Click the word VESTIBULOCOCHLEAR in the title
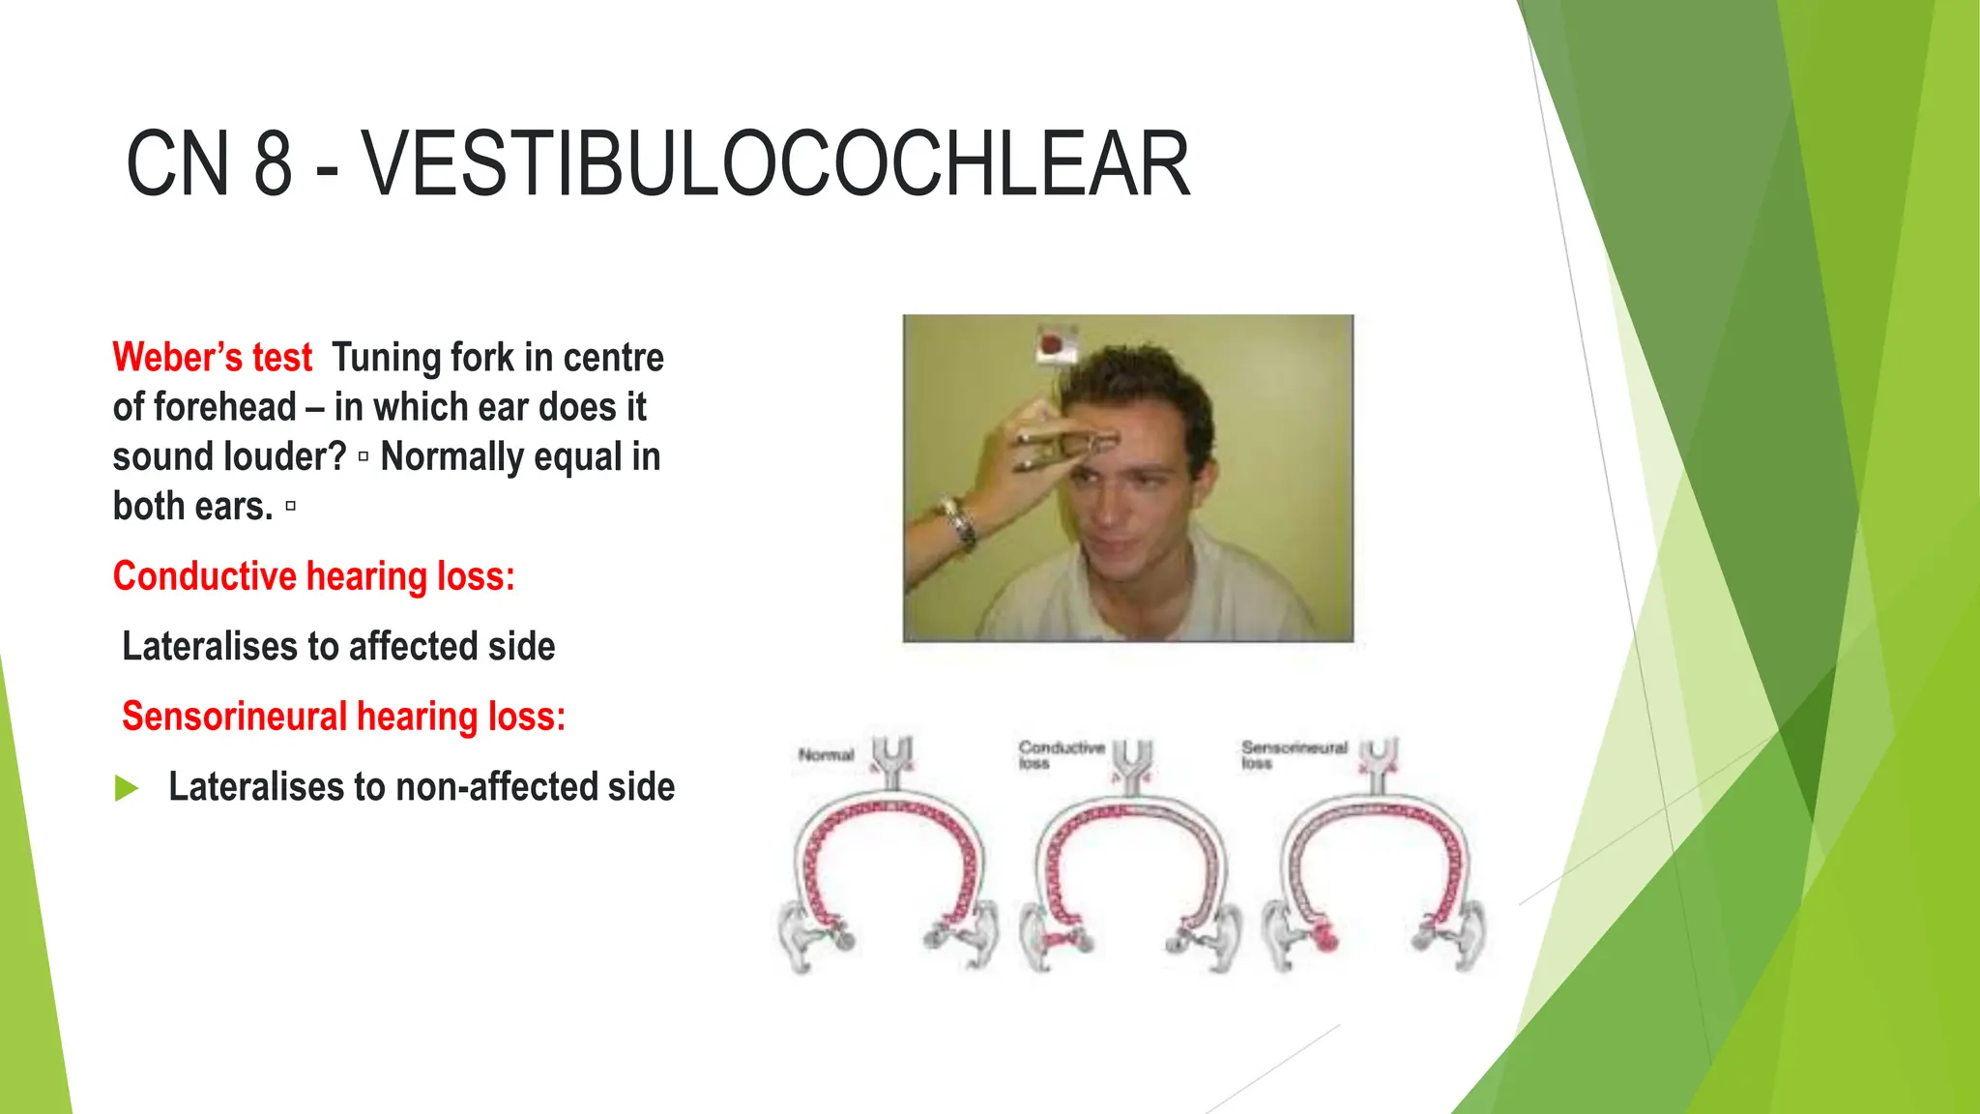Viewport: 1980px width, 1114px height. click(x=775, y=164)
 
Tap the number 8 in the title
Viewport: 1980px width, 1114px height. click(x=273, y=164)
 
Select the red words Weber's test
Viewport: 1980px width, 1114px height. click(x=213, y=358)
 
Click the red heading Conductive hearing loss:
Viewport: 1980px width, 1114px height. click(x=313, y=576)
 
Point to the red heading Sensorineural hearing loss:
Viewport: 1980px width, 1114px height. click(x=343, y=717)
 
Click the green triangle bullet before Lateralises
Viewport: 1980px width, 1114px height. click(x=127, y=788)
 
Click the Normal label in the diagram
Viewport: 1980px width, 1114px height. click(x=826, y=755)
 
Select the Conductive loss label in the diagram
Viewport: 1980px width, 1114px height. click(x=1061, y=754)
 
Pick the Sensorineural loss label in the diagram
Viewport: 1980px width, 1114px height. click(x=1294, y=754)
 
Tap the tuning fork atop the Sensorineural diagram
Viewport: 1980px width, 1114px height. click(x=1379, y=764)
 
